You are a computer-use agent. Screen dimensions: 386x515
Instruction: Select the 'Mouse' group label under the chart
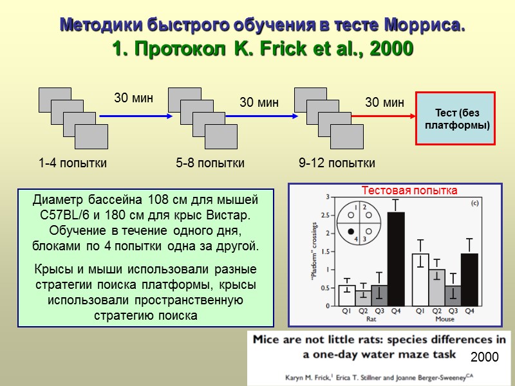pos(445,318)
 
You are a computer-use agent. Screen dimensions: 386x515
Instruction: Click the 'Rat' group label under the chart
pos(371,318)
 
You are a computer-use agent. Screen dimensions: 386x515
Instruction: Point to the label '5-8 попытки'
pos(210,163)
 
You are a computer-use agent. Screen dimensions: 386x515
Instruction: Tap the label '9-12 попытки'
pos(337,163)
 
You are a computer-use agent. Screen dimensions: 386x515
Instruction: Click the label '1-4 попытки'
pos(73,163)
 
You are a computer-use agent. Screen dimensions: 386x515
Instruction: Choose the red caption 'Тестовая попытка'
pos(409,190)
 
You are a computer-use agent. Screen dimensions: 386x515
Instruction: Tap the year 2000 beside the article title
pos(485,356)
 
